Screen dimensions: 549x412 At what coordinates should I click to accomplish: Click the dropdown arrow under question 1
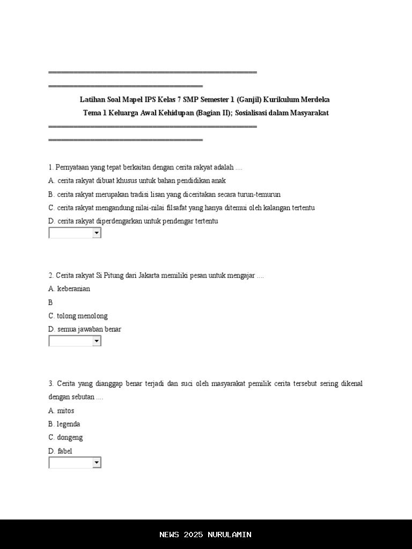[x=97, y=233]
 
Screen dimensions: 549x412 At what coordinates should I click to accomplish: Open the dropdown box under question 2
[x=75, y=341]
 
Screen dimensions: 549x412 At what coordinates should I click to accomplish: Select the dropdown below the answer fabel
[x=75, y=463]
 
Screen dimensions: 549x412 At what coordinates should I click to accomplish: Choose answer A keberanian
[x=69, y=289]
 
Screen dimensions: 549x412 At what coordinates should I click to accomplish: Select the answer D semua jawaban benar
[x=84, y=329]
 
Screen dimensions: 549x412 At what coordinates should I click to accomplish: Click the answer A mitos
[x=61, y=411]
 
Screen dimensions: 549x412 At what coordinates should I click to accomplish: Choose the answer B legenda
[x=64, y=424]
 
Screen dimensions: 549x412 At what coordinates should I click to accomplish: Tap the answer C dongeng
[x=65, y=437]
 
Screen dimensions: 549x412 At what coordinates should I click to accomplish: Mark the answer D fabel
[x=60, y=451]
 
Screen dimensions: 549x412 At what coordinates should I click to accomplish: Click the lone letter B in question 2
[x=50, y=302]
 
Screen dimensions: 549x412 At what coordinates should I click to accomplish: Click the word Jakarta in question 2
[x=152, y=276]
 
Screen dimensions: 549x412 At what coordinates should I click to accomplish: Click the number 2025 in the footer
[x=193, y=535]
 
